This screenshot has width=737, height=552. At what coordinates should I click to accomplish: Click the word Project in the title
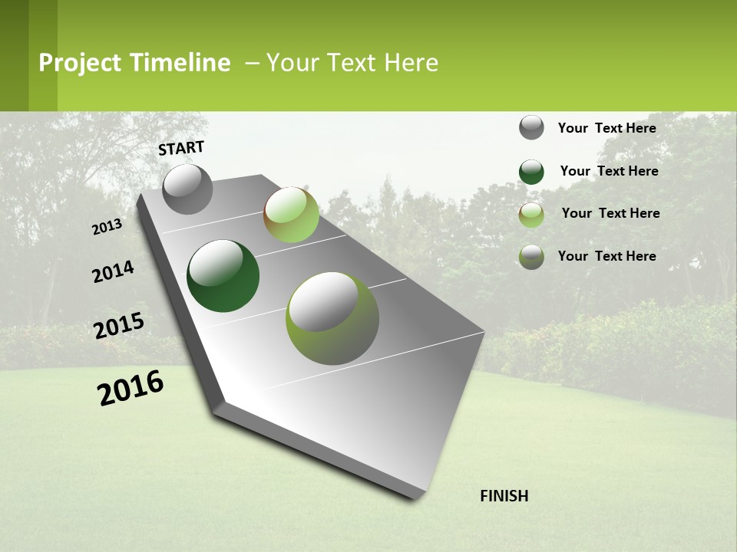(x=81, y=63)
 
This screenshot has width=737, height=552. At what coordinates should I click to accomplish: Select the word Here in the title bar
(x=411, y=63)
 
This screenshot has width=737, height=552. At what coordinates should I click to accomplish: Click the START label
(x=181, y=148)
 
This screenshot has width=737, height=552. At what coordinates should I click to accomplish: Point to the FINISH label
(x=504, y=496)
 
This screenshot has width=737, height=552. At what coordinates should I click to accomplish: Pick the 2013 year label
(x=107, y=227)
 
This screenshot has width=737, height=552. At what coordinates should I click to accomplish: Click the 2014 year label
(x=113, y=271)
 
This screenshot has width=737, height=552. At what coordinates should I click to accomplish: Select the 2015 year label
(x=119, y=326)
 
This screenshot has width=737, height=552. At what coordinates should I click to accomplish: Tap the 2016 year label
(x=131, y=388)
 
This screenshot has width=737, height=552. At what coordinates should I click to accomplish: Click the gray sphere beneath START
(x=187, y=189)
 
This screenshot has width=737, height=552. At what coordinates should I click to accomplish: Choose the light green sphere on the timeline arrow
(x=291, y=214)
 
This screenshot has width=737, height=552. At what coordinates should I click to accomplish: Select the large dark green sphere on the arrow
(x=223, y=276)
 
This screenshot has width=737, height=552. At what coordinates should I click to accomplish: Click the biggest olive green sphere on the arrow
(x=332, y=317)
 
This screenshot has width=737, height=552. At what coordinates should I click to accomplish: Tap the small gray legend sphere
(x=531, y=127)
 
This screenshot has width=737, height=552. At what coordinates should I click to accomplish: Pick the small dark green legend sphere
(x=531, y=172)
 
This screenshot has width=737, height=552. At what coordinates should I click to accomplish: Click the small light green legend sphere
(x=531, y=215)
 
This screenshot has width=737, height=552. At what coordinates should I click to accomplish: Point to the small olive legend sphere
(x=531, y=257)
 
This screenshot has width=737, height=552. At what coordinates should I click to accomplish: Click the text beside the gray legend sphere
(x=606, y=128)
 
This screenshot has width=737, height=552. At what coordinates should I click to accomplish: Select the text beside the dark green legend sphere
(x=609, y=171)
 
